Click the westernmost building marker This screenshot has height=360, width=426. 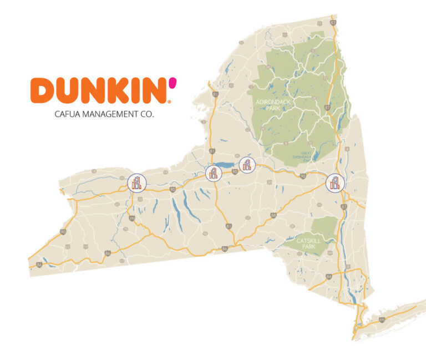[x=136, y=182]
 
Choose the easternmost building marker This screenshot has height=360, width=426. [x=334, y=182]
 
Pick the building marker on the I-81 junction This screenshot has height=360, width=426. [x=214, y=173]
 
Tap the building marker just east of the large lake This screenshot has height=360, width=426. [x=247, y=164]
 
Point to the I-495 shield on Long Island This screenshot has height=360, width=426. [x=382, y=320]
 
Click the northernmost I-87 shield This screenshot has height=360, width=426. [x=332, y=22]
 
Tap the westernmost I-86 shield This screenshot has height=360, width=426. [x=39, y=264]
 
